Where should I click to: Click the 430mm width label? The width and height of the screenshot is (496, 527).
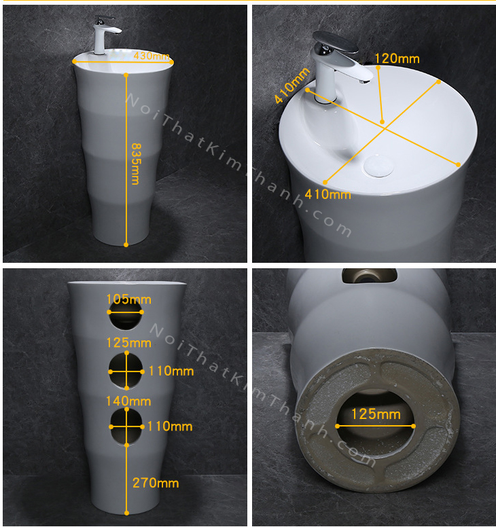tap(152, 56)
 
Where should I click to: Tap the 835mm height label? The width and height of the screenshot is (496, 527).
tap(136, 164)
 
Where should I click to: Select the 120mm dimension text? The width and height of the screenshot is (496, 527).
tap(397, 59)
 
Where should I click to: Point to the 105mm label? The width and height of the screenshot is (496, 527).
tap(128, 299)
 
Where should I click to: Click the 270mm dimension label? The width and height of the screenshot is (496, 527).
tap(156, 483)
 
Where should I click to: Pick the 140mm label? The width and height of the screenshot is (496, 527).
tap(128, 401)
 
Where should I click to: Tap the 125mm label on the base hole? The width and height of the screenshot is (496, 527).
tap(376, 414)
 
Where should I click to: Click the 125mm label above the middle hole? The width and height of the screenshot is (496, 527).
tap(128, 343)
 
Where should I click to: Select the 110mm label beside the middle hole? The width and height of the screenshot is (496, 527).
tap(171, 371)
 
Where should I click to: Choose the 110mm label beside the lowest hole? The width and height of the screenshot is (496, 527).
tap(170, 426)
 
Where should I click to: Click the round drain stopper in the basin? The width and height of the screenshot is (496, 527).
tap(378, 166)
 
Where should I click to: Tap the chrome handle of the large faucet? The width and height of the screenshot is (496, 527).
tap(335, 41)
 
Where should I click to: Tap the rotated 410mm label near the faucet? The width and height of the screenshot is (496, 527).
tap(292, 86)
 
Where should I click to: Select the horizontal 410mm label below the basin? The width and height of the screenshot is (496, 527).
tap(328, 194)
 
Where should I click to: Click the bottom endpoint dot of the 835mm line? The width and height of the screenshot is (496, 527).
tap(126, 244)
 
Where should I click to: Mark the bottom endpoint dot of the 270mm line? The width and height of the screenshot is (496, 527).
tap(126, 513)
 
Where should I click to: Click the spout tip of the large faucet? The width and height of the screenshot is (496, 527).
tap(365, 81)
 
